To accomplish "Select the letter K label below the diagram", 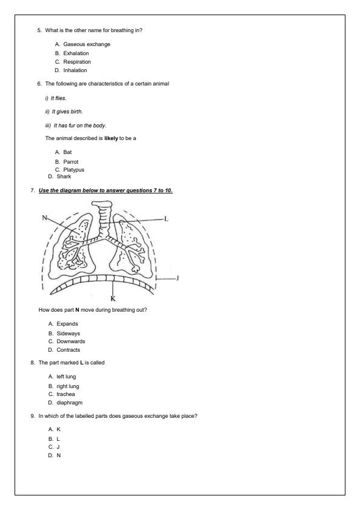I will pyautogui.click(x=113, y=298).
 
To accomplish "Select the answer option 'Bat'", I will pyautogui.click(x=67, y=153).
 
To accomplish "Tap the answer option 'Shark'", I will pyautogui.click(x=64, y=176).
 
